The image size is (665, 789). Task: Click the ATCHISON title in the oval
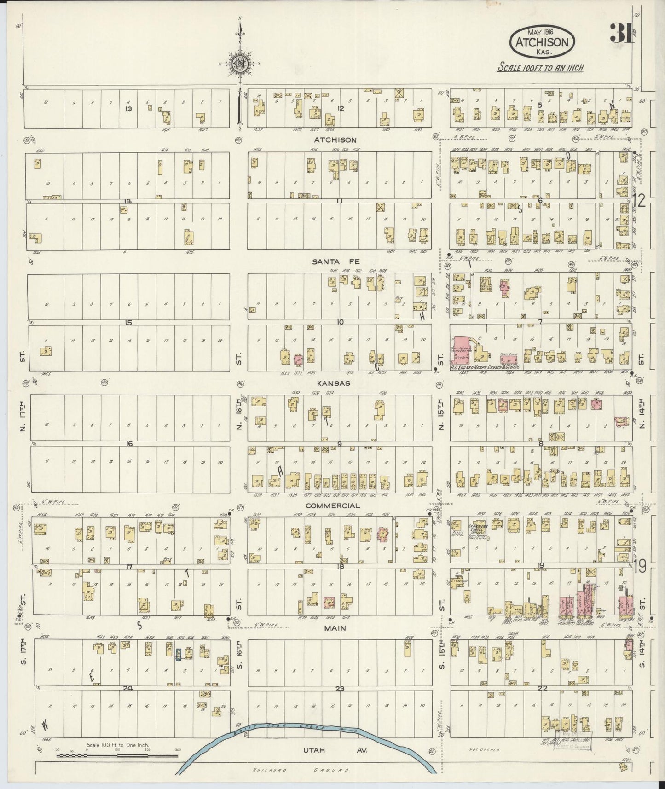click(542, 43)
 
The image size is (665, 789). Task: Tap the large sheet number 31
click(620, 33)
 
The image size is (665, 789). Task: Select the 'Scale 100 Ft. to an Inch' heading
click(541, 68)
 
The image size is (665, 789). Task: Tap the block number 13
click(129, 109)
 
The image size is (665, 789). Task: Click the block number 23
click(340, 689)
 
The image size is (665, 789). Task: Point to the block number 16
click(129, 443)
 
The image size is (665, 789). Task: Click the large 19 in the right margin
click(640, 567)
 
